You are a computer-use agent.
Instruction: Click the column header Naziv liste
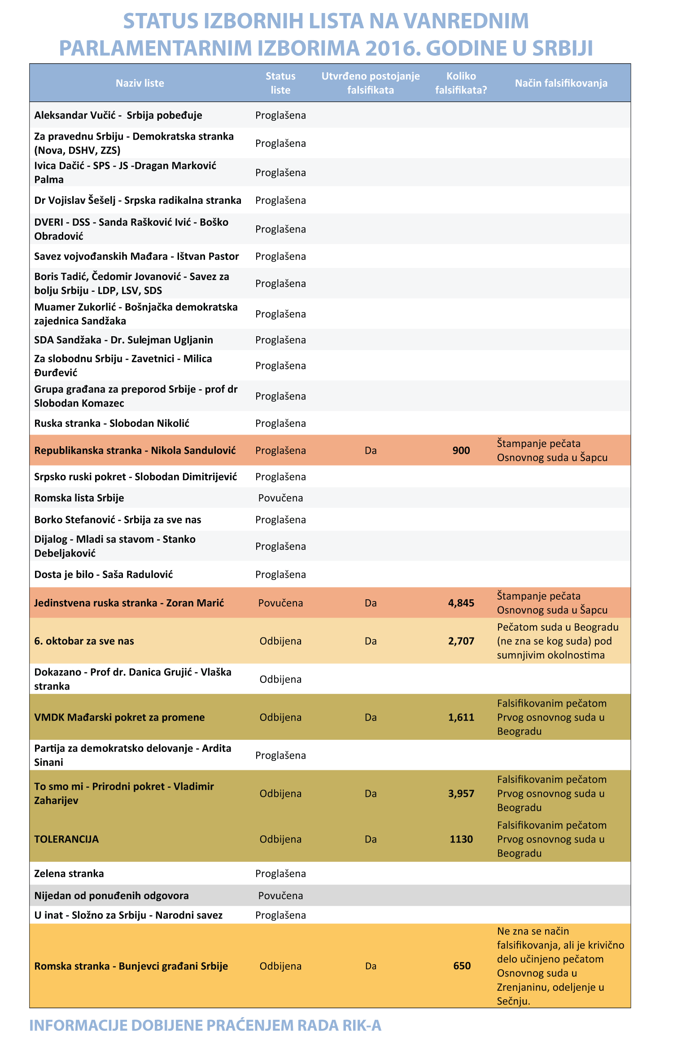tap(140, 83)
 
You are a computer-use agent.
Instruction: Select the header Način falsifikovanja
tap(561, 83)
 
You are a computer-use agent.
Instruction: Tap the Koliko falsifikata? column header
tap(461, 83)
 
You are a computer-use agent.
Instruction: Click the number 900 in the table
tap(461, 450)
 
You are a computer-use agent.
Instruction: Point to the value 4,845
tap(461, 603)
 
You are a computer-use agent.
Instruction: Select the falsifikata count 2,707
tap(461, 641)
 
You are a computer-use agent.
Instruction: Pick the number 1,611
tap(461, 717)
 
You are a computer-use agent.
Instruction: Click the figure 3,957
tap(461, 794)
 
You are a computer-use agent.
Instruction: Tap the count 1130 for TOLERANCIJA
tap(461, 839)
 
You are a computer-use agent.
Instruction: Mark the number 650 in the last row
tap(462, 966)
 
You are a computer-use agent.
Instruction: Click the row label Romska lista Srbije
tap(79, 498)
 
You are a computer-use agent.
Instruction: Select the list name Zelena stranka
tap(69, 874)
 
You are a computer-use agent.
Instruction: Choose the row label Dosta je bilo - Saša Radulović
tap(104, 575)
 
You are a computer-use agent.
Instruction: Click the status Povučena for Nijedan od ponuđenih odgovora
tap(280, 896)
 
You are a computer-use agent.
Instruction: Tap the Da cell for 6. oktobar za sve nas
tap(371, 641)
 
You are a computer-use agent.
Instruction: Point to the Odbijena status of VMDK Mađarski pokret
tap(280, 717)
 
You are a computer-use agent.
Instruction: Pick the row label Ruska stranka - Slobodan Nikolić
tap(112, 423)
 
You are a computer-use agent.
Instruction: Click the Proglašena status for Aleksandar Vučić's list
tap(280, 115)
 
